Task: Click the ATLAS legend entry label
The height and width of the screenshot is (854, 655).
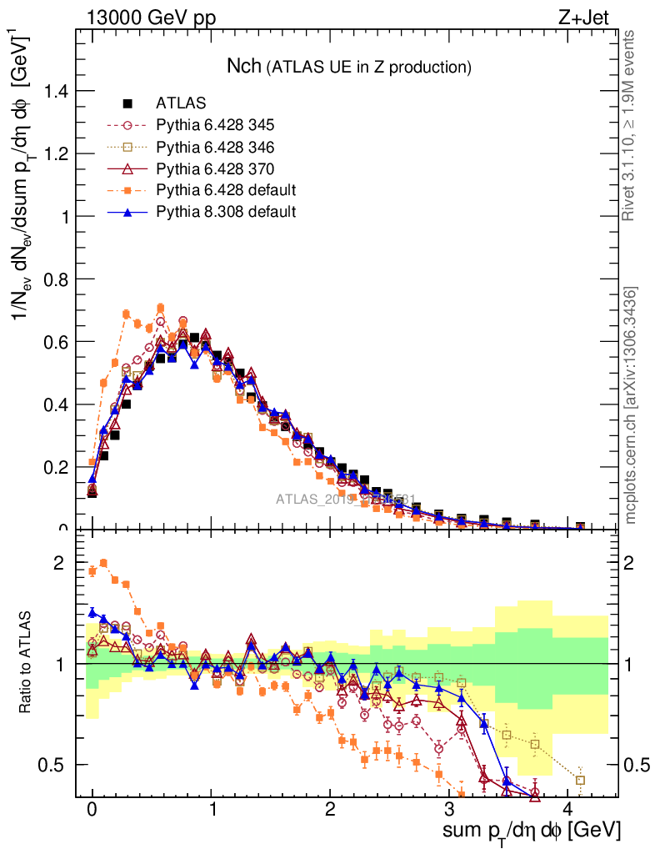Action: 177,104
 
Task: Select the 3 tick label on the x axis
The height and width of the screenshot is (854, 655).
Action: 450,809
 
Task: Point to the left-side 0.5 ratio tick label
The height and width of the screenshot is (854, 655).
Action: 52,765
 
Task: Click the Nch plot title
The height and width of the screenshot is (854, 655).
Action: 350,66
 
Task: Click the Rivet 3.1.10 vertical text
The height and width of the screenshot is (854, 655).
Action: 632,125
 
